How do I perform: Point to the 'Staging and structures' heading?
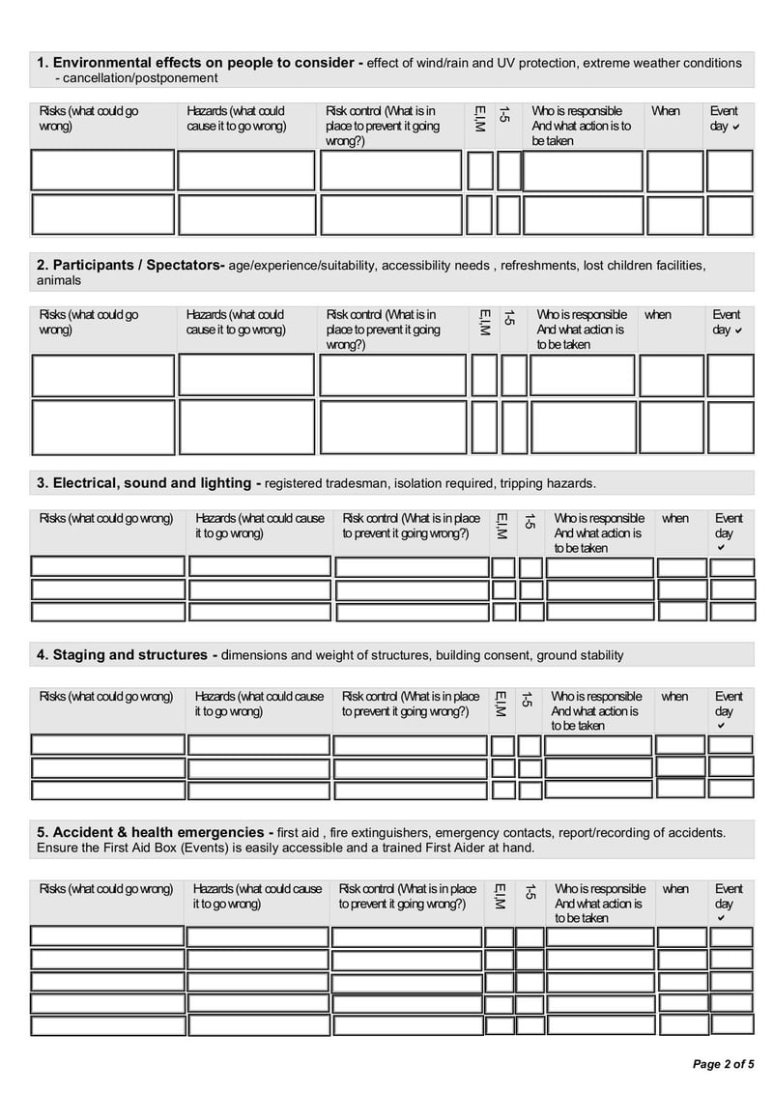(x=127, y=655)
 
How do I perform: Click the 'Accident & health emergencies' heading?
(x=155, y=832)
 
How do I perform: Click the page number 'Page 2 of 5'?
(x=724, y=1064)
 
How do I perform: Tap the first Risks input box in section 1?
(x=102, y=171)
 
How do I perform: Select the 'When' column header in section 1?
(x=665, y=111)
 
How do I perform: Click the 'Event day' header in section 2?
(x=727, y=322)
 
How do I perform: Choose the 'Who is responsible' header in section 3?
(x=598, y=532)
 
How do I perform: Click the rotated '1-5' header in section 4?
(x=528, y=699)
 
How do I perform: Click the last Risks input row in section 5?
(x=106, y=1026)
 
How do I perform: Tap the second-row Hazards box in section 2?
(x=246, y=426)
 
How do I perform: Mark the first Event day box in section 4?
(x=730, y=744)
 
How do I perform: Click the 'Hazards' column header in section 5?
(x=257, y=896)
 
